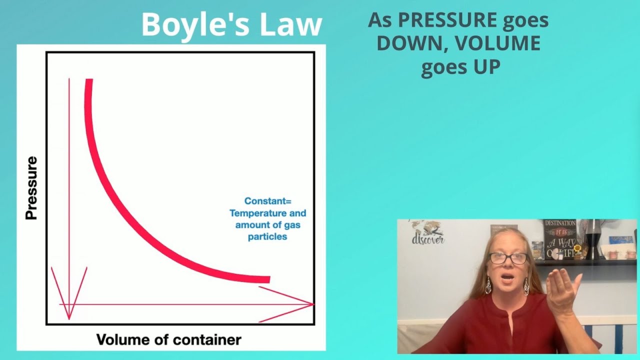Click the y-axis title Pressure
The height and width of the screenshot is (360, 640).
click(31, 188)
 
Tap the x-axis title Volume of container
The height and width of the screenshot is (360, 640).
click(168, 340)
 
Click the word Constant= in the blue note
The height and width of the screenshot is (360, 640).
click(267, 201)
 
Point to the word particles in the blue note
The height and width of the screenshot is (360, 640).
click(267, 236)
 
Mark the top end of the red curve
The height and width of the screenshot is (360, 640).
click(88, 80)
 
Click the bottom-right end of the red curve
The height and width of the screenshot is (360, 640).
click(268, 279)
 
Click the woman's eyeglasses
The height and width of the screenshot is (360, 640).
click(508, 258)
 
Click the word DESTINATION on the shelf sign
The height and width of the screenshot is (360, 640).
click(560, 223)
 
